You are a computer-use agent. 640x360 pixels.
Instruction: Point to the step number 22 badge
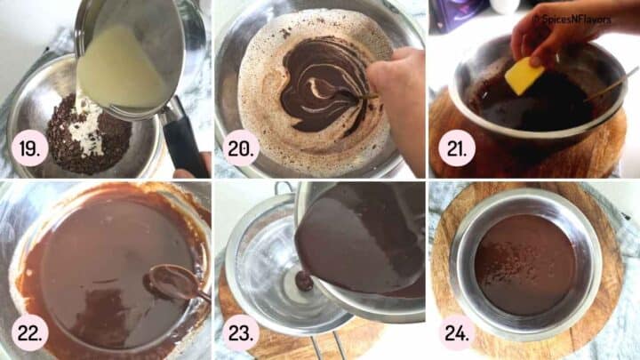click(31, 332)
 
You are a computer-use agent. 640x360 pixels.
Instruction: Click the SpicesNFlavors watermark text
click(584, 17)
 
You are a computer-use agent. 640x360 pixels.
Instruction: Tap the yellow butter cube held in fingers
click(524, 75)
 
